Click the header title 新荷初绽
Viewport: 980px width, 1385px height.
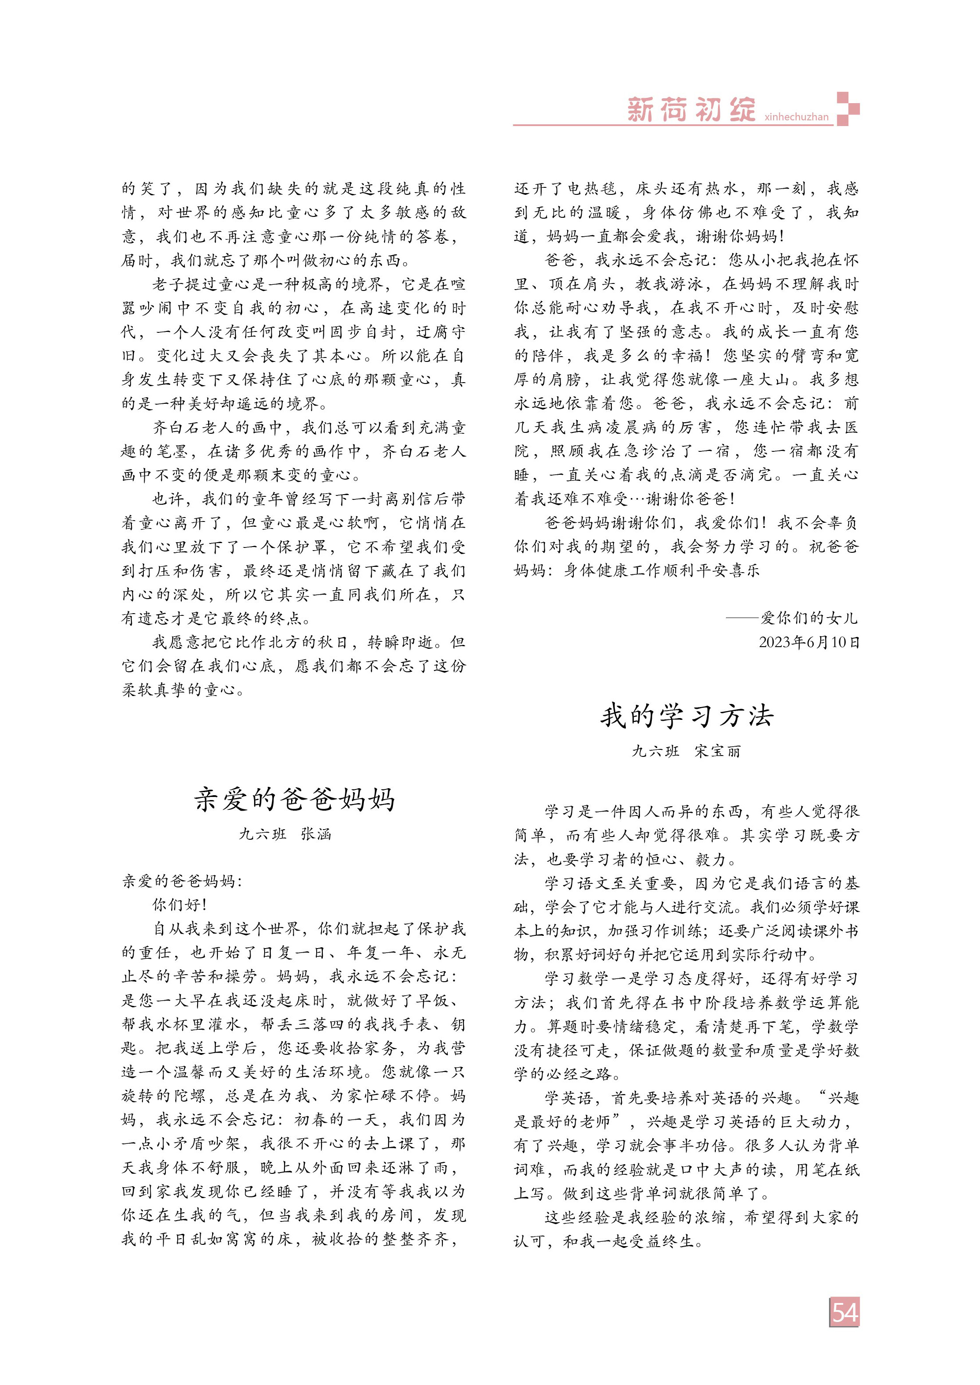tap(691, 110)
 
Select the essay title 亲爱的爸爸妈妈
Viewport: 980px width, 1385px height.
tap(295, 800)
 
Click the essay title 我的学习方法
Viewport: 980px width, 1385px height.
tap(686, 716)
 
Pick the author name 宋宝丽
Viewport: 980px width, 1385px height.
tap(718, 751)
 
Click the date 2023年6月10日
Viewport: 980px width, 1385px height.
tap(808, 642)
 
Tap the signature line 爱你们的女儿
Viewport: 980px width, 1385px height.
tap(808, 618)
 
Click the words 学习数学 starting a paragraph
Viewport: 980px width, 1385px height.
tap(570, 979)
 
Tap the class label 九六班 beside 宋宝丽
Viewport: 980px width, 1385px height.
tap(655, 751)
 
